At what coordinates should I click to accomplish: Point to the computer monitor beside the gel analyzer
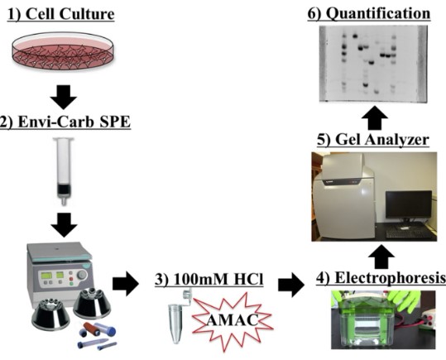pyautogui.click(x=407, y=206)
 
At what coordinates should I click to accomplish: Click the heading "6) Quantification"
pyautogui.click(x=375, y=14)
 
